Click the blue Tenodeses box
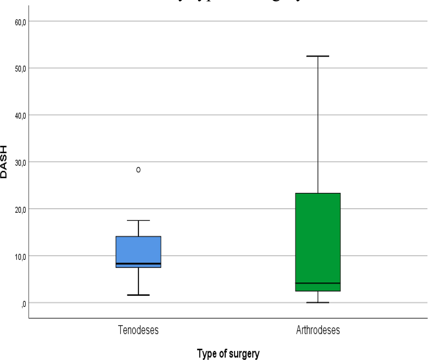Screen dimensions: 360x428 coord(138,250)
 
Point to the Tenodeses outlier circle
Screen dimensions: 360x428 coord(138,170)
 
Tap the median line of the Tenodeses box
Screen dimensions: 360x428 coord(138,264)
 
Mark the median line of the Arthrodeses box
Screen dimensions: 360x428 coord(318,283)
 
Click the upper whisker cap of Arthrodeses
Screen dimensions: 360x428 coord(318,56)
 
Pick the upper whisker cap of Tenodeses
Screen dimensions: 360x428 coord(138,221)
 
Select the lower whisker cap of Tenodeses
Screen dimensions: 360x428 coord(138,295)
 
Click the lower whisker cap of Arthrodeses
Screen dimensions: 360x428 coord(318,302)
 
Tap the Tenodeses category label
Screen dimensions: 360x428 coord(138,330)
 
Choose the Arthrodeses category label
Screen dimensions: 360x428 coord(318,330)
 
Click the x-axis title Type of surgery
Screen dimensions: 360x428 coord(228,354)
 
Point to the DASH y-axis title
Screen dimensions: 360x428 coord(4,163)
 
